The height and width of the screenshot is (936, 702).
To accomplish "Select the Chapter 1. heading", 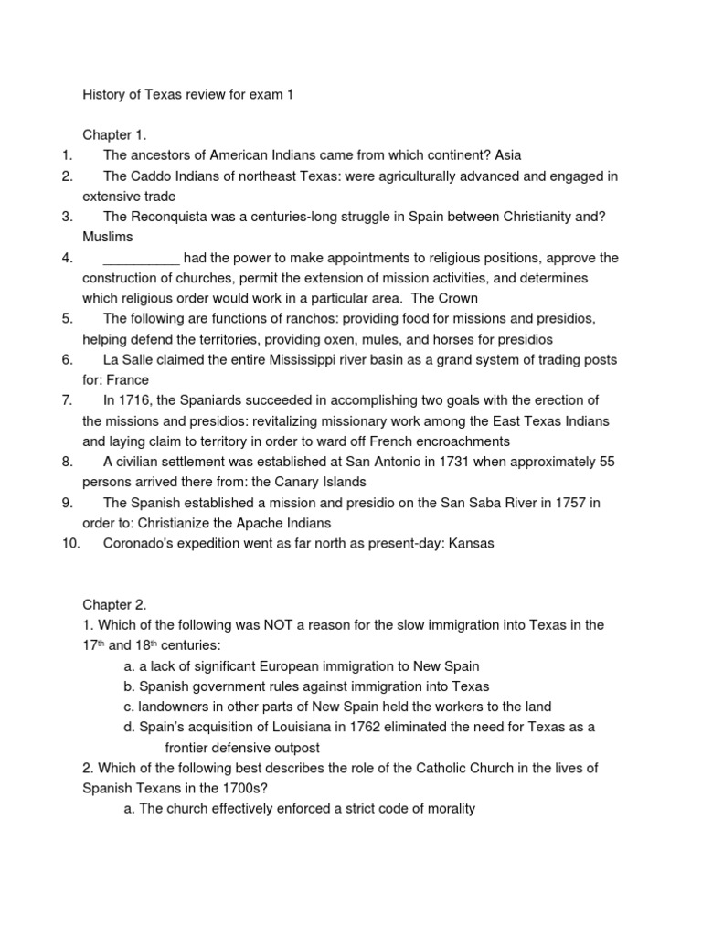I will click(x=114, y=133).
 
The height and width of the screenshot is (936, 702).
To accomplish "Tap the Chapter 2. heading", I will click(x=114, y=604).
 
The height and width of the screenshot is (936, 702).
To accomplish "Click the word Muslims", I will click(x=108, y=237).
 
